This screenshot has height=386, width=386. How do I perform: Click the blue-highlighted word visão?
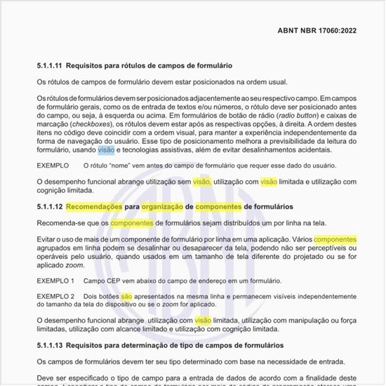(106, 149)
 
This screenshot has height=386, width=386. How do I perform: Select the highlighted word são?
(126, 297)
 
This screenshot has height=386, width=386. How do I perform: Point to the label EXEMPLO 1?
(55, 280)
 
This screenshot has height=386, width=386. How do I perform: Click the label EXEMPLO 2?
(55, 297)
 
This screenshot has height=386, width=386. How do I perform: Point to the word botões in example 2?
(106, 297)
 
